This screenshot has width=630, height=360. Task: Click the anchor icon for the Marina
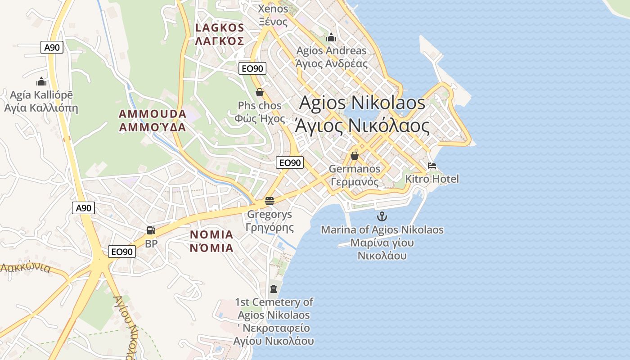pyautogui.click(x=382, y=216)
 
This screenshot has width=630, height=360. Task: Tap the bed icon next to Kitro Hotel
pyautogui.click(x=432, y=166)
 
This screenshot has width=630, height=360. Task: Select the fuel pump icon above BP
pyautogui.click(x=151, y=230)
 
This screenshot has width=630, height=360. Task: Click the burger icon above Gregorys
pyautogui.click(x=270, y=201)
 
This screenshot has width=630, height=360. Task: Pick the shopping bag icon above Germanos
pyautogui.click(x=355, y=156)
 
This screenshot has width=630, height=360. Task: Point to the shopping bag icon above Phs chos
pyautogui.click(x=260, y=93)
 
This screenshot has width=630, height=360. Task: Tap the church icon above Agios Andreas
pyautogui.click(x=331, y=37)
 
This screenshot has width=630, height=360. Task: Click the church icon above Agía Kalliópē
pyautogui.click(x=41, y=81)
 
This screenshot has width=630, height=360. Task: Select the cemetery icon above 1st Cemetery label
pyautogui.click(x=274, y=288)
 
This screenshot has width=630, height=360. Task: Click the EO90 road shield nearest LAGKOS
pyautogui.click(x=252, y=68)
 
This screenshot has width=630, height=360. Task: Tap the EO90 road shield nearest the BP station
pyautogui.click(x=122, y=252)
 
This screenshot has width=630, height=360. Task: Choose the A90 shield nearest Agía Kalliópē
pyautogui.click(x=52, y=47)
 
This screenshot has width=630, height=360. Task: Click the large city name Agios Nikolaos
pyautogui.click(x=362, y=103)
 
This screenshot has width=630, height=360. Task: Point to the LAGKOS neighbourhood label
pyautogui.click(x=220, y=28)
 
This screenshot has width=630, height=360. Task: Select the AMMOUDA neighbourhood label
pyautogui.click(x=153, y=113)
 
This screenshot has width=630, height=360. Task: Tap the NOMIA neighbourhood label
pyautogui.click(x=211, y=234)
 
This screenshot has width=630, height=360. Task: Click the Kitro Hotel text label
pyautogui.click(x=432, y=179)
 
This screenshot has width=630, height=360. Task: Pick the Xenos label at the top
pyautogui.click(x=273, y=9)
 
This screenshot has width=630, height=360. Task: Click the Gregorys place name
pyautogui.click(x=270, y=214)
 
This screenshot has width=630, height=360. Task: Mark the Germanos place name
pyautogui.click(x=355, y=169)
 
